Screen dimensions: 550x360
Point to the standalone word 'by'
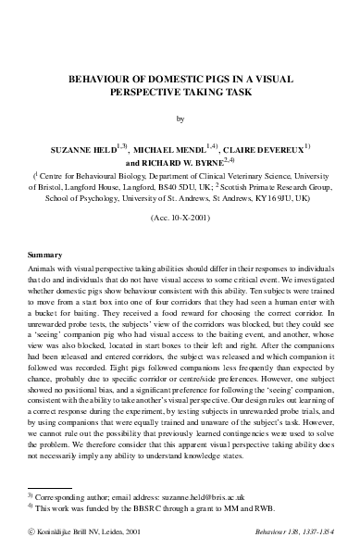click(180, 119)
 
